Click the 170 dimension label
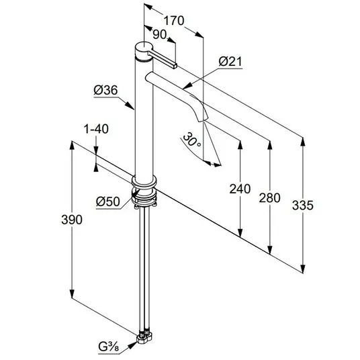174,21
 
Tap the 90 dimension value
160,35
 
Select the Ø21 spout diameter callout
230,62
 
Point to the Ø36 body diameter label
105,90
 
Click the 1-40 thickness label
96,129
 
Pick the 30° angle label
192,140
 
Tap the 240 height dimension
240,189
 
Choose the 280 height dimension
270,198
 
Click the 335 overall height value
303,206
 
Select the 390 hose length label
72,220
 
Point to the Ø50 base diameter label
108,201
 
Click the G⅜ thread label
109,347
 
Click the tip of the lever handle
175,66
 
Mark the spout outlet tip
204,120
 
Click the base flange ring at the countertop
144,181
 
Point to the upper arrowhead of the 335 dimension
303,142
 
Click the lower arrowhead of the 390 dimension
72,294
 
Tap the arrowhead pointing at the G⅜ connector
133,345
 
